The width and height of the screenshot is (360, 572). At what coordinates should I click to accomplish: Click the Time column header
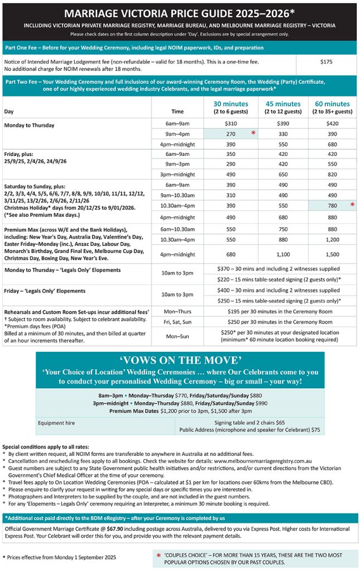pyautogui.click(x=177, y=111)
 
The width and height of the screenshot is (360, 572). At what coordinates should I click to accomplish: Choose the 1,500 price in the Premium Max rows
pyautogui.click(x=332, y=255)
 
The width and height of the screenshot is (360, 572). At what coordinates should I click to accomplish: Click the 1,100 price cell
pyautogui.click(x=283, y=255)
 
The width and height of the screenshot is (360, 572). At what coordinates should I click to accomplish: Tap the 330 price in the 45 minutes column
pyautogui.click(x=283, y=134)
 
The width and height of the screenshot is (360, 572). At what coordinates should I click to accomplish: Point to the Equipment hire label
pyautogui.click(x=56, y=423)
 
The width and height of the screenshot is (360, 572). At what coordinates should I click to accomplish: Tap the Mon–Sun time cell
pyautogui.click(x=177, y=336)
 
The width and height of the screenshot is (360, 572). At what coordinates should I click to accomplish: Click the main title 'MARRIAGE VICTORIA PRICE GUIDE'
pyautogui.click(x=180, y=13)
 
